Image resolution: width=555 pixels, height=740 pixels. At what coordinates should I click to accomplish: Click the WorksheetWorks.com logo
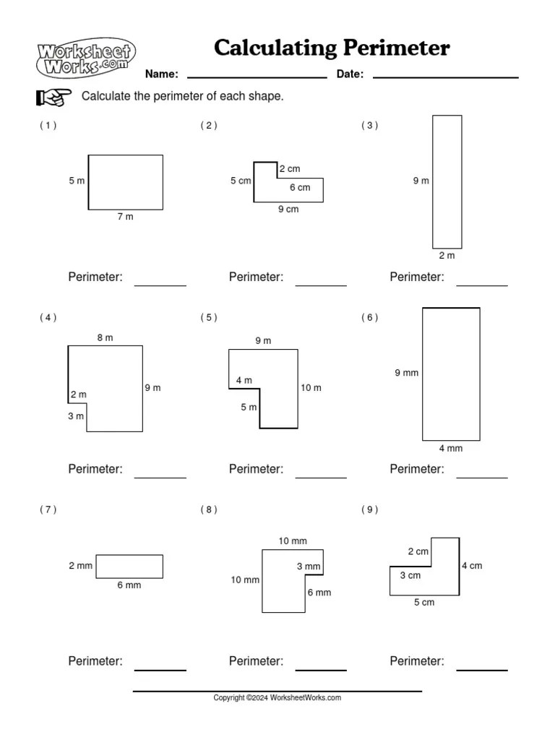[85, 58]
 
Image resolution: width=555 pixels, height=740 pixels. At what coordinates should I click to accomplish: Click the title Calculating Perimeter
[332, 48]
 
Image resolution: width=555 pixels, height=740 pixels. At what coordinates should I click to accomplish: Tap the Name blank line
[257, 75]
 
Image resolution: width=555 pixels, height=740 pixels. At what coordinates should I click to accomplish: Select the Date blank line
[445, 75]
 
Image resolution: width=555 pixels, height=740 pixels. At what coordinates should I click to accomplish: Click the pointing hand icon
[53, 97]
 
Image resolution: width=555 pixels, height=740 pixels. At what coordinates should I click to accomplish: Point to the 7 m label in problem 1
[125, 217]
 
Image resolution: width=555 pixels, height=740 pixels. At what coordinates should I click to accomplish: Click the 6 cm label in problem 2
[300, 188]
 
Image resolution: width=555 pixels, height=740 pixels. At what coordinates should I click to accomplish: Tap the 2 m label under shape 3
[447, 256]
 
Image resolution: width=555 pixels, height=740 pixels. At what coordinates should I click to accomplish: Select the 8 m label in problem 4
[105, 337]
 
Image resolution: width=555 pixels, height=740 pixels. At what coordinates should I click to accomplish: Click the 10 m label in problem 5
[311, 388]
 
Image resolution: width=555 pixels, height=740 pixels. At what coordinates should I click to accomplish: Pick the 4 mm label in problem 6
[450, 449]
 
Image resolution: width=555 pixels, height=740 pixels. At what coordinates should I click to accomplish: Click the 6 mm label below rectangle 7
[129, 585]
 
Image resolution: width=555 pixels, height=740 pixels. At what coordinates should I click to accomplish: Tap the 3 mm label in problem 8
[308, 567]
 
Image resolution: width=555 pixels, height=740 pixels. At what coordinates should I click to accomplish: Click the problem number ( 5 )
[209, 317]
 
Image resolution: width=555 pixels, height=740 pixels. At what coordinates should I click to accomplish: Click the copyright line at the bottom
[277, 698]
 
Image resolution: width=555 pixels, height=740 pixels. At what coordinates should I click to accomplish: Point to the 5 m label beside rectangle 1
[77, 181]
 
